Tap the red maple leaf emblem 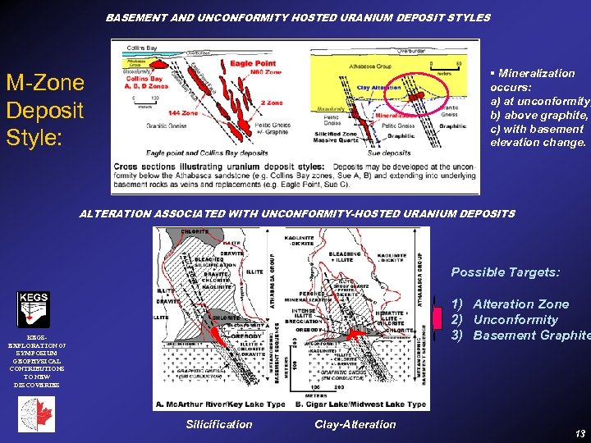pyautogui.click(x=36, y=415)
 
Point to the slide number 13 pyautogui.click(x=580, y=432)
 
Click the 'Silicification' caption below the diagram pyautogui.click(x=219, y=424)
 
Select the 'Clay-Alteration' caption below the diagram pyautogui.click(x=355, y=424)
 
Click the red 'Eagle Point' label pyautogui.click(x=252, y=63)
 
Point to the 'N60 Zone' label pyautogui.click(x=266, y=72)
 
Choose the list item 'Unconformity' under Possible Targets pyautogui.click(x=515, y=319)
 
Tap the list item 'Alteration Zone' pyautogui.click(x=520, y=304)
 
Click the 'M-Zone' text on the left pyautogui.click(x=45, y=82)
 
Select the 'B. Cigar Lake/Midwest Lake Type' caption pyautogui.click(x=360, y=404)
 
